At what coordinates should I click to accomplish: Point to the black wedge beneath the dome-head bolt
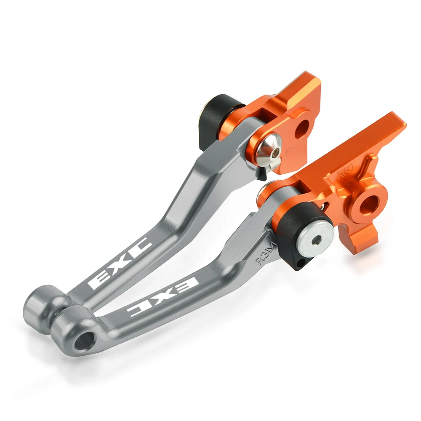[261, 172]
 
